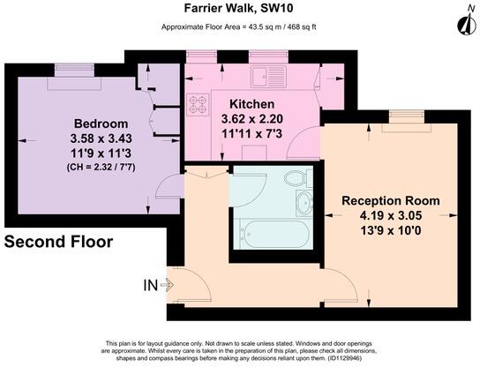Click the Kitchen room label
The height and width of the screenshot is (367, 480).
coord(252,104)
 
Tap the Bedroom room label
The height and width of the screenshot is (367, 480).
coord(101,124)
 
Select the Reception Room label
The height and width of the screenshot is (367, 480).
coord(391,201)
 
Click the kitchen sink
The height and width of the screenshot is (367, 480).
coord(268,77)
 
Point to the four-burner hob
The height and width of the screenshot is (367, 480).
coord(198,104)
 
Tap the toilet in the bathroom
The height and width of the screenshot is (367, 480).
coord(298,178)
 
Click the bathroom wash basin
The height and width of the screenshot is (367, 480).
coord(304,203)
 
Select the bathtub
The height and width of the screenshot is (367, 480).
coord(274,234)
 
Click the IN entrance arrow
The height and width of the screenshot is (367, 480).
coord(167,285)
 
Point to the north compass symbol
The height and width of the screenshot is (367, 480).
coord(466,22)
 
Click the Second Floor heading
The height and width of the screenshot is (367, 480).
coord(58,242)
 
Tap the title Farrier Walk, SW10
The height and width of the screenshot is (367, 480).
coord(238,8)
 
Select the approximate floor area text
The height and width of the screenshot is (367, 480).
coord(238,27)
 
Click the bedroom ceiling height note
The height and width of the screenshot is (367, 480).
coord(101,168)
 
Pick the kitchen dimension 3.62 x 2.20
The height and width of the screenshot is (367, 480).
coord(252,119)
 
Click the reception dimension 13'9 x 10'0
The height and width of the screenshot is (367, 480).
coord(391,230)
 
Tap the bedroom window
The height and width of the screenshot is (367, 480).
coord(74,70)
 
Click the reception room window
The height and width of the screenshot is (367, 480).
coord(407,117)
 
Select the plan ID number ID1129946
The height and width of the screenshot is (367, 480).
coord(344,358)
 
